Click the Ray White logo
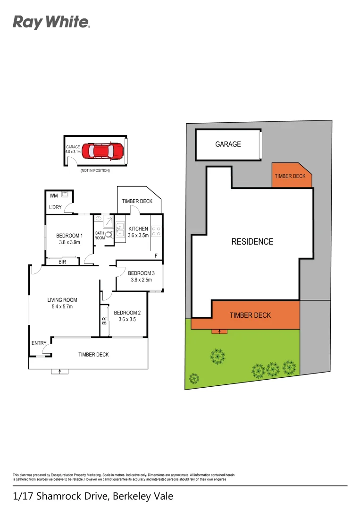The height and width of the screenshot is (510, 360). tap(51, 22)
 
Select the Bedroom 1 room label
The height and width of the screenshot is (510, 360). tap(69, 239)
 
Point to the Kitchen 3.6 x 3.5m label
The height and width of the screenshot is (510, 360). tap(138, 232)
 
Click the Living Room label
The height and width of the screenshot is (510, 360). tap(62, 303)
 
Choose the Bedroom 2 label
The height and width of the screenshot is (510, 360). tap(127, 316)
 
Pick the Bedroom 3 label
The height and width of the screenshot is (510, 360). tap(141, 276)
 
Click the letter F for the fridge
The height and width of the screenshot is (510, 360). tap(156, 256)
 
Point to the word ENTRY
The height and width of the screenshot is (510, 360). tap(39, 343)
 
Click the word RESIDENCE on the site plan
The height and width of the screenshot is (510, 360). tap(252, 241)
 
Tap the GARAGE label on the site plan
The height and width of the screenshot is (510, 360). tap(228, 144)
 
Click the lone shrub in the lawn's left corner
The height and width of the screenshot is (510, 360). tap(193, 378)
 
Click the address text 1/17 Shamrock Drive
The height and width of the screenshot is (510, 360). tap(93, 496)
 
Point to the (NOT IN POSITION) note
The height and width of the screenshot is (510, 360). tap(95, 170)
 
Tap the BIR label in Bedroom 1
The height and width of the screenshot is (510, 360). tap(62, 262)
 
